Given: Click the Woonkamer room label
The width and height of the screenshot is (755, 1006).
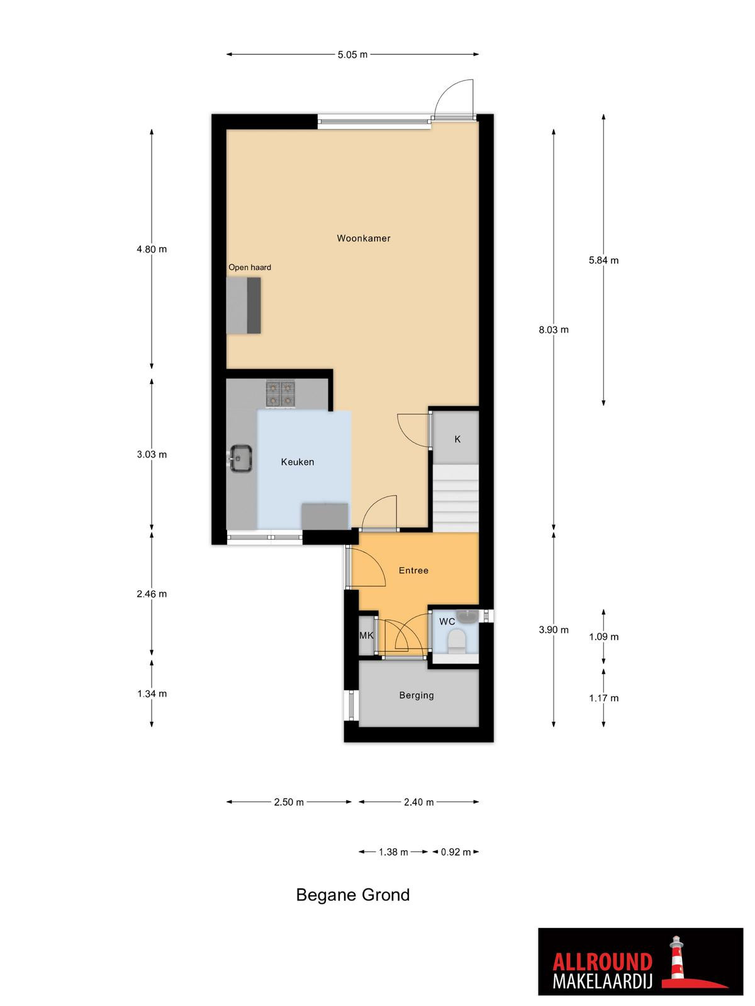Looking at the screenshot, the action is point(364,238).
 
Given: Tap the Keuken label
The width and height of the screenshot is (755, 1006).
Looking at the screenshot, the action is point(298,462).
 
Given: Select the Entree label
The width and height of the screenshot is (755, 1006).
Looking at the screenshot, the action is point(413,571).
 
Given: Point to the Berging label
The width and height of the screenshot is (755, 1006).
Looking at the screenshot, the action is point(417,695).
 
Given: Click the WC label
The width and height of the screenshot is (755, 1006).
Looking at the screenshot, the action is point(447,621).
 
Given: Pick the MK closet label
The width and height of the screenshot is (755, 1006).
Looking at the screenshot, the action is point(366,636).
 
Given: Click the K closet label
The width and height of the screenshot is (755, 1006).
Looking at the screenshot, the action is point(457,439).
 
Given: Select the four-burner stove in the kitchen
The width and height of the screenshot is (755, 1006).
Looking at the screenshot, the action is point(281,395).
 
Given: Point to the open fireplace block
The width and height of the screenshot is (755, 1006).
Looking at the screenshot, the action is point(243,305).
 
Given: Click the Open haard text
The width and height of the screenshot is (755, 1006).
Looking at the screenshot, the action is point(250,267).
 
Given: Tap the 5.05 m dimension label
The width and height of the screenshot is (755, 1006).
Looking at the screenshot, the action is point(352,55).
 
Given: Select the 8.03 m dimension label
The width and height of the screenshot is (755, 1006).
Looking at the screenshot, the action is point(554,329).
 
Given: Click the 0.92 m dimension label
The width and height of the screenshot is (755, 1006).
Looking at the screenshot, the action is point(456,852).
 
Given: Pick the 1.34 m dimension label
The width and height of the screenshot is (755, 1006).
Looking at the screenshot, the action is point(152,694).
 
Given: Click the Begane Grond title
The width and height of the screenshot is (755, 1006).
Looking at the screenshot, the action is point(352,895).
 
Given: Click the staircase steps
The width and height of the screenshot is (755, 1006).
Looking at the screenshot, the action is point(456,498).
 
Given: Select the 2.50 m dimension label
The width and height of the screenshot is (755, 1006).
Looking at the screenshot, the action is point(289,802).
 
